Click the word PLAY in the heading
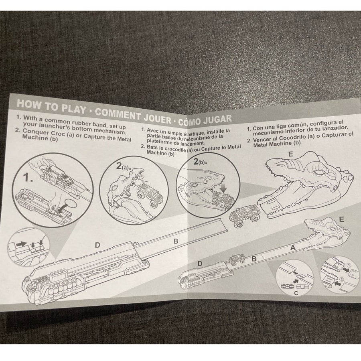pyautogui.click(x=73, y=108)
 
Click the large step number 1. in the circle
pyautogui.click(x=28, y=178)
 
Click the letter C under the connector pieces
pyautogui.click(x=296, y=293)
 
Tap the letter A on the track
pyautogui.click(x=293, y=248)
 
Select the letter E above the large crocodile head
pyautogui.click(x=291, y=154)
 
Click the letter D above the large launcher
pyautogui.click(x=97, y=245)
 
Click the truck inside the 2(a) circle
pyautogui.click(x=148, y=194)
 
